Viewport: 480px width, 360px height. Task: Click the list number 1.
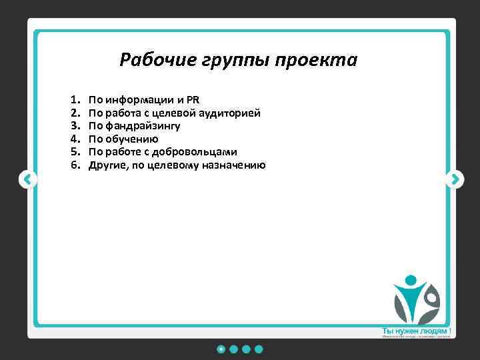point(74,101)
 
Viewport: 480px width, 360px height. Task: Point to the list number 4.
point(74,139)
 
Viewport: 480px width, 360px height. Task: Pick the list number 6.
point(74,165)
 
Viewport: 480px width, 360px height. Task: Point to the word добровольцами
point(199,152)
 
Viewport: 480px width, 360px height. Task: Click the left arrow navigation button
point(27,179)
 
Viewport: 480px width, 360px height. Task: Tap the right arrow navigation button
point(455,179)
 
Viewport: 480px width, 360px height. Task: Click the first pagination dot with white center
point(221,349)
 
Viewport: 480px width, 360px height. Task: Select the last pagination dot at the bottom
point(259,349)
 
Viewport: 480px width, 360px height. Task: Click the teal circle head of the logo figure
point(411,281)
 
